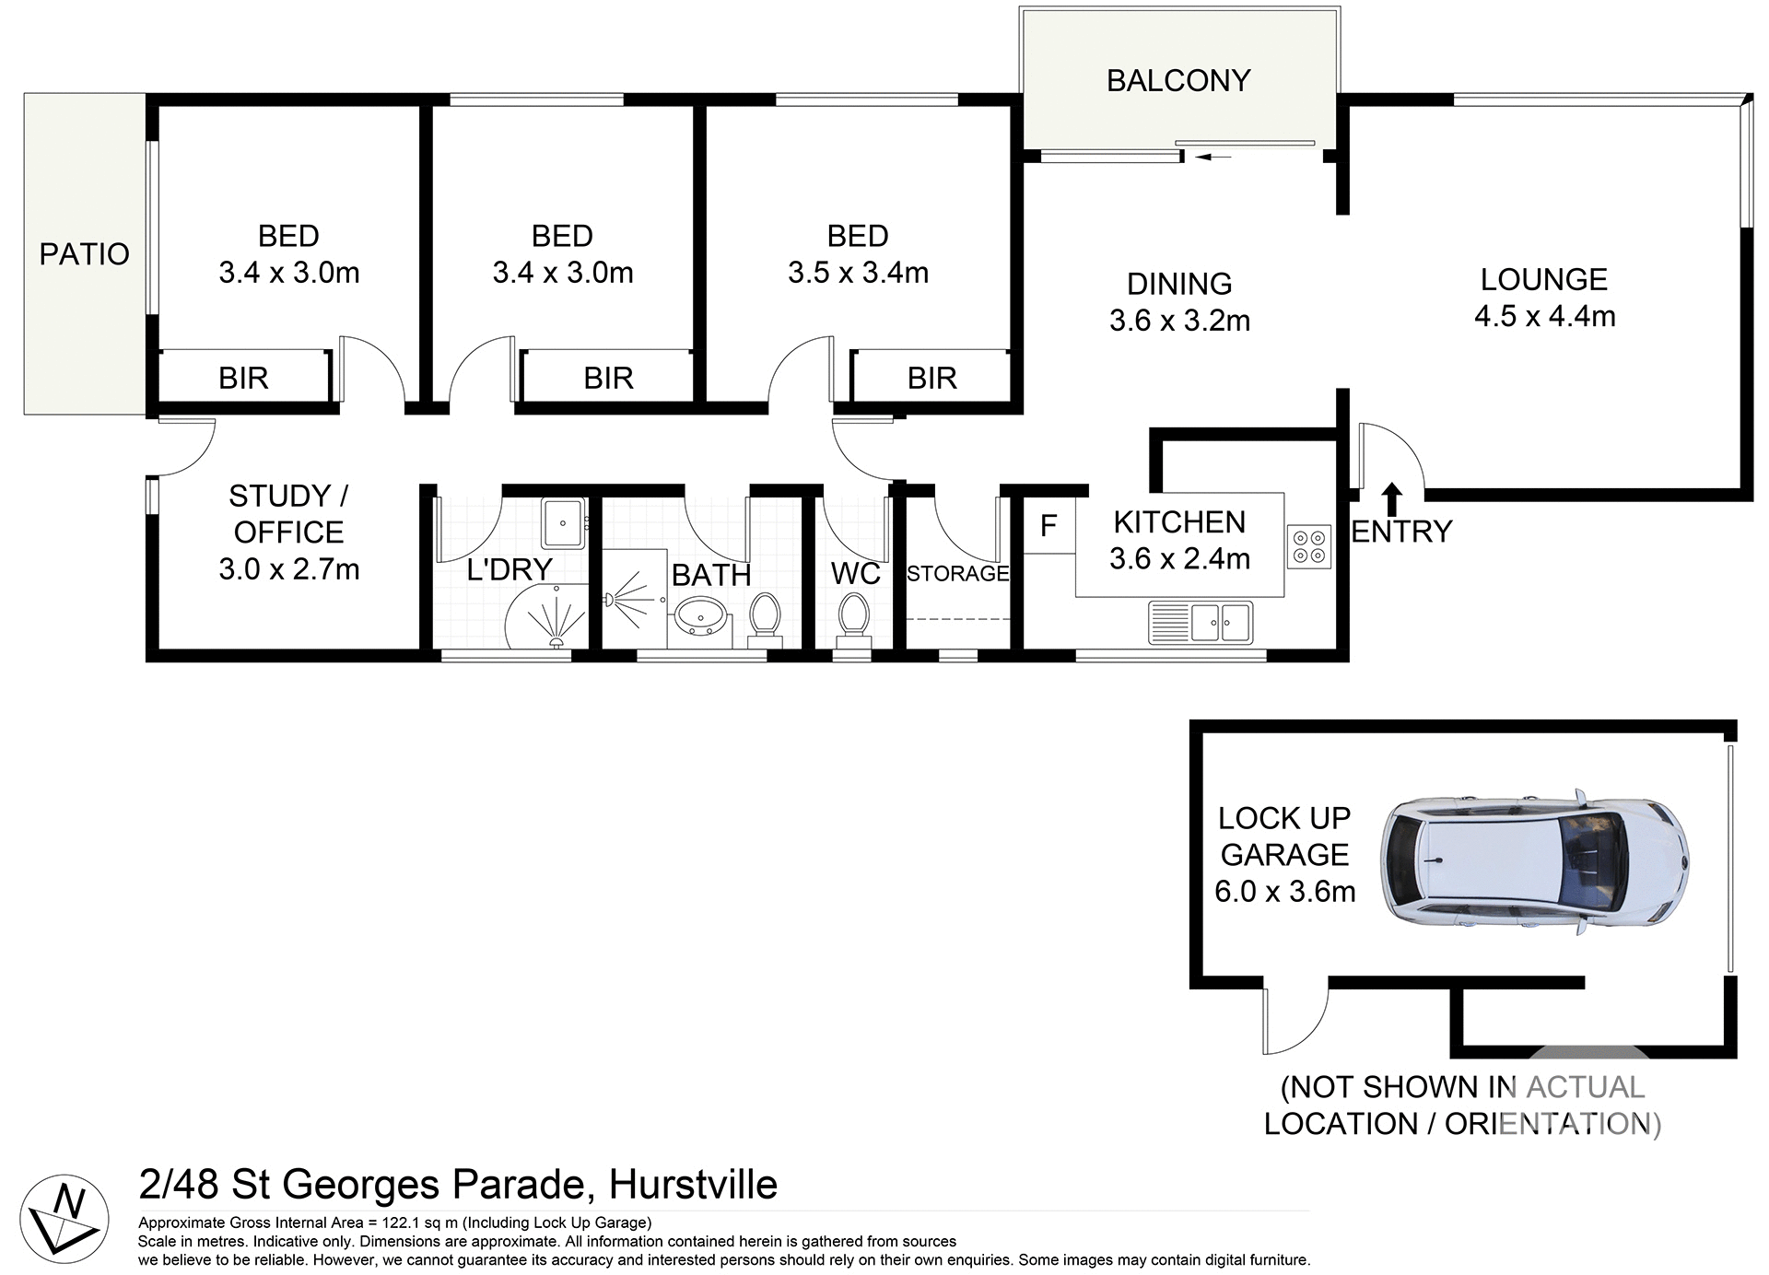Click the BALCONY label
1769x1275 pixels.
coord(1177,81)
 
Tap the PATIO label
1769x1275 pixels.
coord(84,254)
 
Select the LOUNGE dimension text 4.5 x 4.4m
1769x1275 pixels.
coord(1544,317)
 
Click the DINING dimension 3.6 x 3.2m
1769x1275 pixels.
coord(1179,321)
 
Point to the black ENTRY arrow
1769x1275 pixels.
coord(1392,498)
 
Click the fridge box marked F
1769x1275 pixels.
coord(1049,526)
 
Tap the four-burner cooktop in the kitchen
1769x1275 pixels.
coord(1308,546)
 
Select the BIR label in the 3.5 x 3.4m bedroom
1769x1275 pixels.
coord(931,379)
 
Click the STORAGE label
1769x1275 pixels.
coord(957,574)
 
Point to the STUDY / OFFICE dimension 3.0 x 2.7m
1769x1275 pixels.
coord(288,569)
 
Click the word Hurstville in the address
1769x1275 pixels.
coord(693,1185)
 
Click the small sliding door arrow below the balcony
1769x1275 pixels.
coord(1213,158)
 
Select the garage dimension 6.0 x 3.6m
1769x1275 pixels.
coord(1284,892)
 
